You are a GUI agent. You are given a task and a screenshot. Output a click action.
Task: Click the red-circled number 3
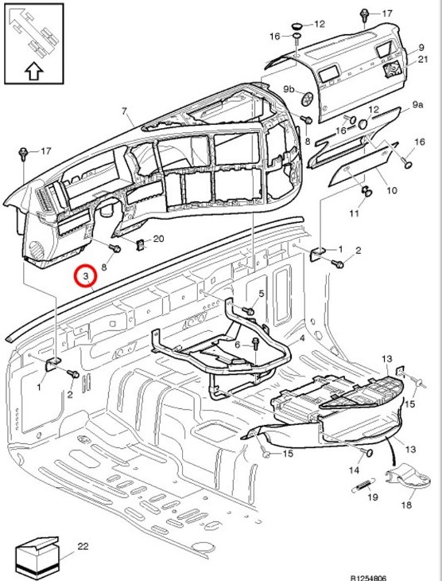[84, 276]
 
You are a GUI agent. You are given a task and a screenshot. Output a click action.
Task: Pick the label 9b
[289, 89]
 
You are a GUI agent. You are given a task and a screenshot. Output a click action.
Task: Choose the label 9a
[417, 105]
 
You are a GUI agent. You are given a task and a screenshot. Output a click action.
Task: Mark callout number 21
[423, 60]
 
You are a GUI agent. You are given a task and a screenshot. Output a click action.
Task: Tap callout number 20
[157, 239]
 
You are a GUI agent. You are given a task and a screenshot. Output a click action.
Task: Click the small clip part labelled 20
[141, 243]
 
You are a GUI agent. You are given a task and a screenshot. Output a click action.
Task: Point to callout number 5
[261, 294]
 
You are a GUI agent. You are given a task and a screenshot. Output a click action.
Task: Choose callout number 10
[391, 191]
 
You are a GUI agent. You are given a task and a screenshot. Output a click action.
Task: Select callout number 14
[352, 471]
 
